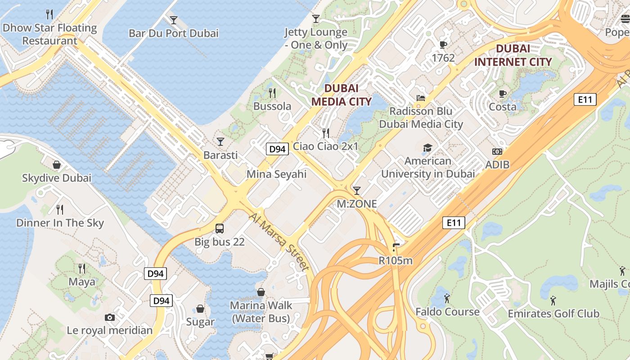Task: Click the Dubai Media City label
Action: tap(342, 95)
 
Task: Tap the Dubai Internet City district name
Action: tap(513, 55)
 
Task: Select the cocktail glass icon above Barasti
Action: tap(220, 142)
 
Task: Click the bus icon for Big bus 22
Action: tap(220, 229)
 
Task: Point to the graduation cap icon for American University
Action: tap(427, 148)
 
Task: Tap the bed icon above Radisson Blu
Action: tap(421, 98)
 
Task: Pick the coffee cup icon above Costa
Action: tap(503, 94)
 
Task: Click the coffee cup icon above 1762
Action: tap(443, 45)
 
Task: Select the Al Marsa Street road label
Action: tap(279, 242)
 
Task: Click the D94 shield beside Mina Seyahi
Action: tap(277, 149)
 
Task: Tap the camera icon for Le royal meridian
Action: tap(109, 317)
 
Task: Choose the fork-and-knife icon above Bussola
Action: tap(272, 93)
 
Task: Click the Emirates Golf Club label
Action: tap(553, 314)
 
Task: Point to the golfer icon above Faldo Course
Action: tap(447, 298)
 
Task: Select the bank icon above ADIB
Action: tap(497, 152)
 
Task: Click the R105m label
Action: tap(396, 260)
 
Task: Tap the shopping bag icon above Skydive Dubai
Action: tap(57, 165)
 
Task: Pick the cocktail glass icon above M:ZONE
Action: tap(357, 191)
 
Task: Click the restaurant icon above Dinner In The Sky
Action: tap(59, 209)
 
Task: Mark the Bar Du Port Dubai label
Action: tap(173, 33)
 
